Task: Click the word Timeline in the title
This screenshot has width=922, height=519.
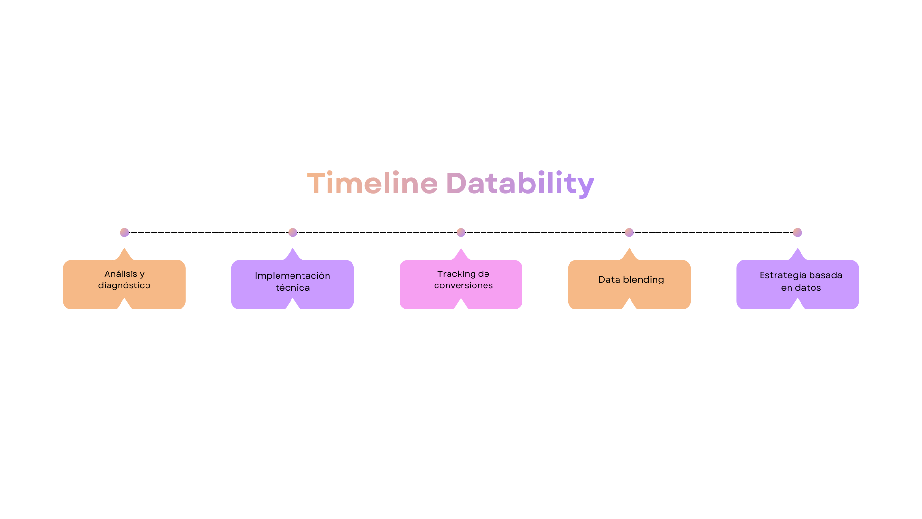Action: click(x=372, y=183)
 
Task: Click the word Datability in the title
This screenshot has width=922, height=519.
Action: click(x=520, y=183)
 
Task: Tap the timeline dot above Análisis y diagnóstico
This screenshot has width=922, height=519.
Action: click(x=124, y=233)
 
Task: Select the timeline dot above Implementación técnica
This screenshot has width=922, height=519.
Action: click(x=292, y=233)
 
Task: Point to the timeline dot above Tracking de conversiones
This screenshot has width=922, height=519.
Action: click(x=461, y=233)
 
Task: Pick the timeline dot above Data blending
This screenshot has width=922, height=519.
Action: click(x=629, y=233)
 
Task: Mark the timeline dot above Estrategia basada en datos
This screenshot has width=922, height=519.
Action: click(x=797, y=233)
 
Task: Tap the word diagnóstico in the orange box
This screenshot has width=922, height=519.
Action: click(x=124, y=285)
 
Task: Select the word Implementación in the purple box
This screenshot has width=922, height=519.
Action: click(x=292, y=276)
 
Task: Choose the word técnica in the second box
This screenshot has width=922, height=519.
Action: click(x=292, y=288)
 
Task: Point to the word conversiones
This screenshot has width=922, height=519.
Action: click(x=463, y=285)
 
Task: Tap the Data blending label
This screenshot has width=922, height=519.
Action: click(x=631, y=280)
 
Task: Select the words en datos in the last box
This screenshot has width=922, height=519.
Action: click(x=801, y=288)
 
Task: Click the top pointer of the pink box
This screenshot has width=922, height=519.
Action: click(x=461, y=253)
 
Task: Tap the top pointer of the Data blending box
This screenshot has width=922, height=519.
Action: click(x=629, y=253)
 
